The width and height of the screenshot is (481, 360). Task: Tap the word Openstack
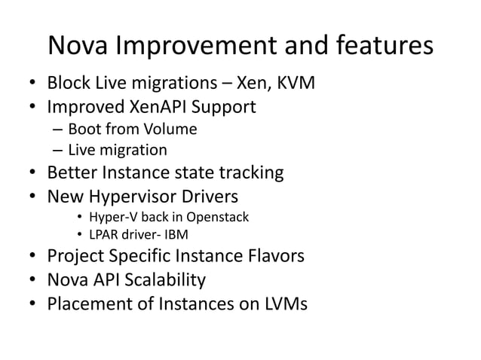[217, 218]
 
